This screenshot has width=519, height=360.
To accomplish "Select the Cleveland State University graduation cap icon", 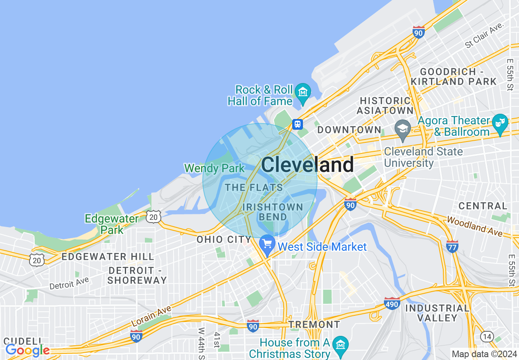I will point(403,126).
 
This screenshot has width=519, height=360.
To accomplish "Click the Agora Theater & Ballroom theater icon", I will point(500,122).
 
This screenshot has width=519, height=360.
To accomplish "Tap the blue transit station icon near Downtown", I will point(297,124).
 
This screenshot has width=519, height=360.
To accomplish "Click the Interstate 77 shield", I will point(452,245).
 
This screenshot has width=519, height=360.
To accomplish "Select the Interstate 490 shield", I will point(392,304).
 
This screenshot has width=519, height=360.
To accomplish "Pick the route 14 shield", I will point(487,336).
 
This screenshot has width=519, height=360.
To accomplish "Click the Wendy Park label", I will point(214,168).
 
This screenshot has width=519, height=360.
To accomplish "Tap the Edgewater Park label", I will point(111,224).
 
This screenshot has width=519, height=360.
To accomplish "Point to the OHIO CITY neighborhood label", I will point(223,239).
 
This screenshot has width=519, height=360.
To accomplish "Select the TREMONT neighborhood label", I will point(314,324).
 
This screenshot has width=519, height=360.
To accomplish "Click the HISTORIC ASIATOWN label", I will point(385,106).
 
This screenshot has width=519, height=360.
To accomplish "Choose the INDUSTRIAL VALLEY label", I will point(437,313).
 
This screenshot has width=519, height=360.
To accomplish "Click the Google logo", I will point(27,350).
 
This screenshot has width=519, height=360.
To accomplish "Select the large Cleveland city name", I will point(307,165).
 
